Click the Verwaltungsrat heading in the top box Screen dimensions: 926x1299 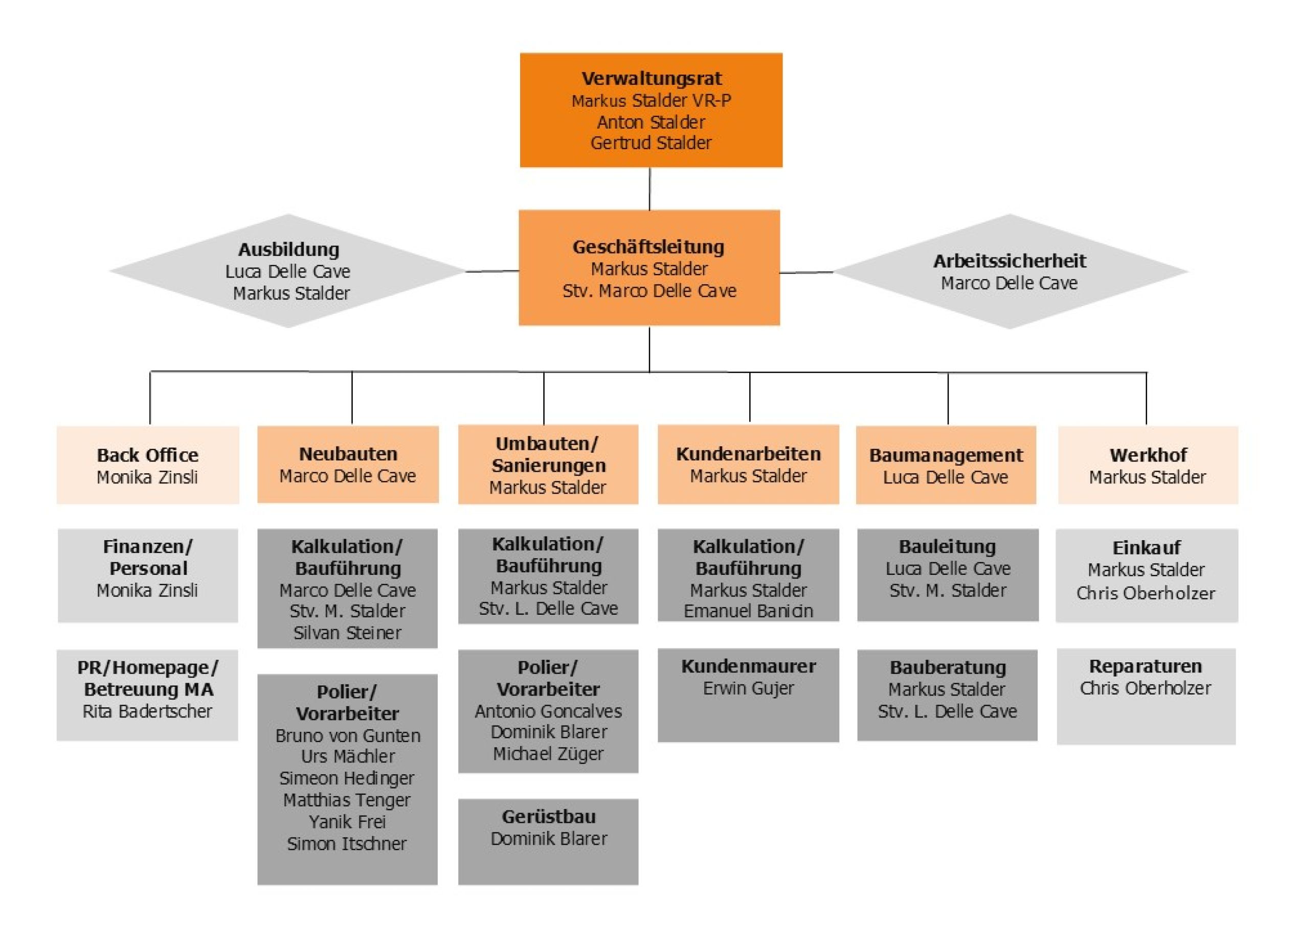pyautogui.click(x=651, y=79)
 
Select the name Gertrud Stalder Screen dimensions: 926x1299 pyautogui.click(x=651, y=143)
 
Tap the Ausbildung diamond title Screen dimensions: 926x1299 pyautogui.click(x=288, y=250)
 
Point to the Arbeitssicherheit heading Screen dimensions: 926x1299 pyautogui.click(x=1009, y=261)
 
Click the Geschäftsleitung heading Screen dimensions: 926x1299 pyautogui.click(x=648, y=247)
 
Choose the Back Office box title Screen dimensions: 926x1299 pyautogui.click(x=147, y=455)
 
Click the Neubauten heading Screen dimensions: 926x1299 pyautogui.click(x=348, y=454)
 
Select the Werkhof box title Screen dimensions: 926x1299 pyautogui.click(x=1148, y=455)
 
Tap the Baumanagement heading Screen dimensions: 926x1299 pyautogui.click(x=946, y=455)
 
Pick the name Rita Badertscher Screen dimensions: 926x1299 pyautogui.click(x=147, y=711)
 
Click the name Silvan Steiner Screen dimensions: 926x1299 pyautogui.click(x=347, y=633)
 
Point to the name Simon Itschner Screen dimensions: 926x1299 pyautogui.click(x=347, y=844)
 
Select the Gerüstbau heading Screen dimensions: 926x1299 pyautogui.click(x=548, y=817)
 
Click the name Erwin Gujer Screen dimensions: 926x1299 pyautogui.click(x=748, y=689)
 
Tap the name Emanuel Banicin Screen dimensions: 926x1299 pyautogui.click(x=748, y=611)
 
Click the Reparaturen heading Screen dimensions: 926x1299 pyautogui.click(x=1146, y=666)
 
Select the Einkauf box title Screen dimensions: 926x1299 pyautogui.click(x=1147, y=548)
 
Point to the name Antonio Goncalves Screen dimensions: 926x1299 pyautogui.click(x=548, y=711)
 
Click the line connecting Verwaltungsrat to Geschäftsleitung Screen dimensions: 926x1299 pyautogui.click(x=650, y=189)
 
